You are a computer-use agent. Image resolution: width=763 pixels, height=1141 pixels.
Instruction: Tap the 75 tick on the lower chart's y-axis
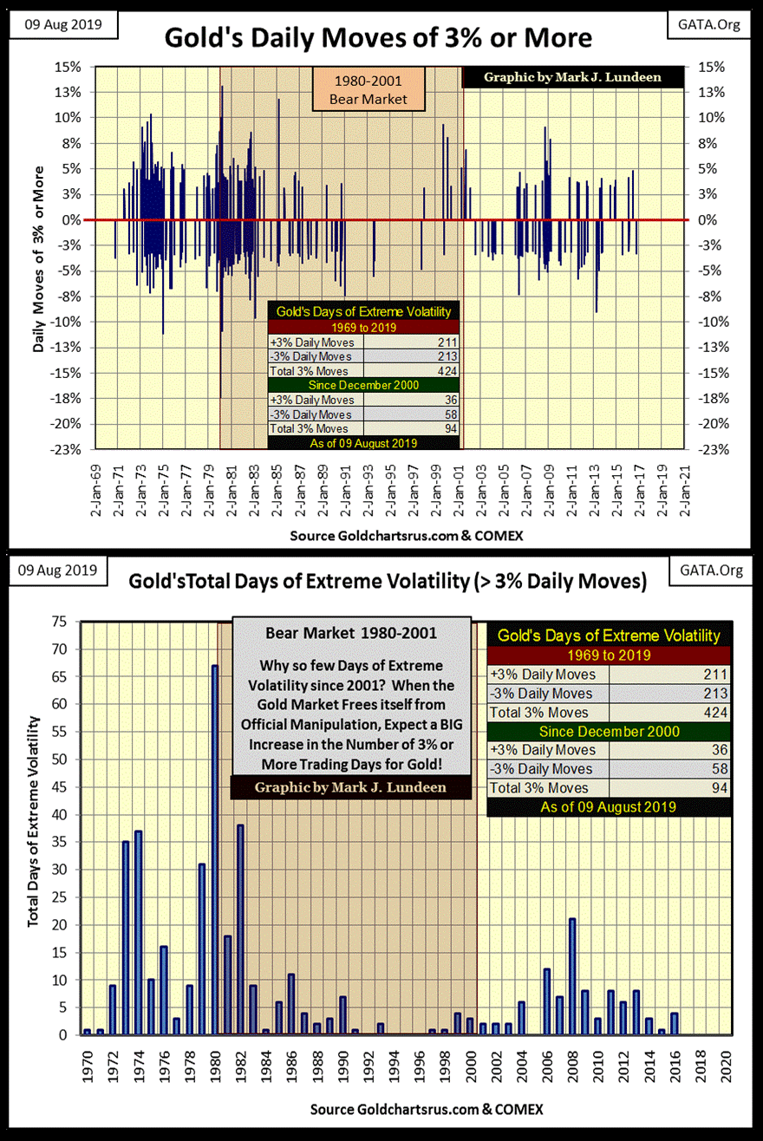60,622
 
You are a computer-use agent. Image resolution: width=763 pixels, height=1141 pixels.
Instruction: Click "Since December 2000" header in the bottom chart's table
608,732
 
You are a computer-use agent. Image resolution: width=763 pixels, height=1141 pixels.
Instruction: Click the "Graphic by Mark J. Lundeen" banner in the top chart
572,76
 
